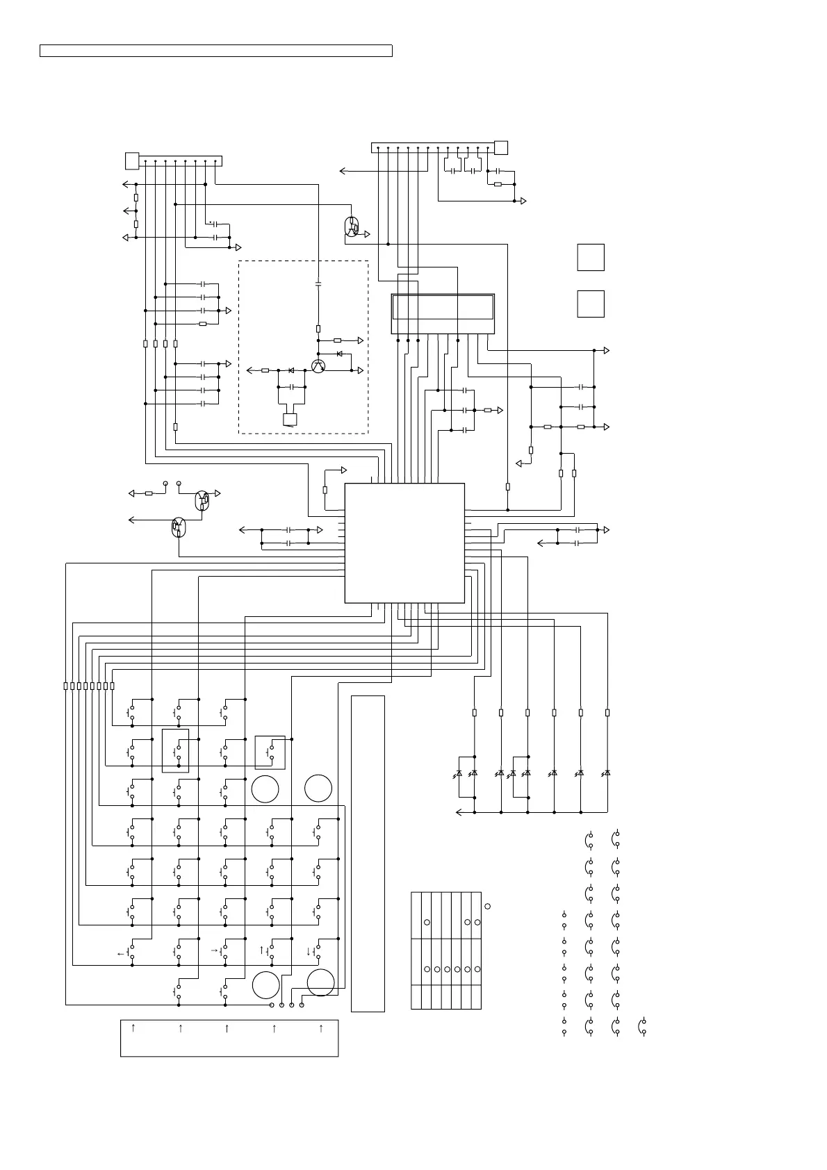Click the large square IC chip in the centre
404,543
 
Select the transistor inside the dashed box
318,366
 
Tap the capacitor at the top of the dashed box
318,284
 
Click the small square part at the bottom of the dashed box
290,419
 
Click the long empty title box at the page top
215,51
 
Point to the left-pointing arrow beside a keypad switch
121,954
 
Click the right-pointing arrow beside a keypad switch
214,950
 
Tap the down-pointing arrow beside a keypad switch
308,951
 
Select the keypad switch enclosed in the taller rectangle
175,750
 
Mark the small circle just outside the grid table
487,906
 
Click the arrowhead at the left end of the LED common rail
459,811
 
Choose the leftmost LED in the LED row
459,773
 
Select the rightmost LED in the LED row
607,773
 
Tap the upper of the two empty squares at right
590,257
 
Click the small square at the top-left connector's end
131,160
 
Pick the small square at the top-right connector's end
500,147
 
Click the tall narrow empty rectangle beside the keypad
368,853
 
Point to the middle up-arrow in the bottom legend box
227,1028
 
